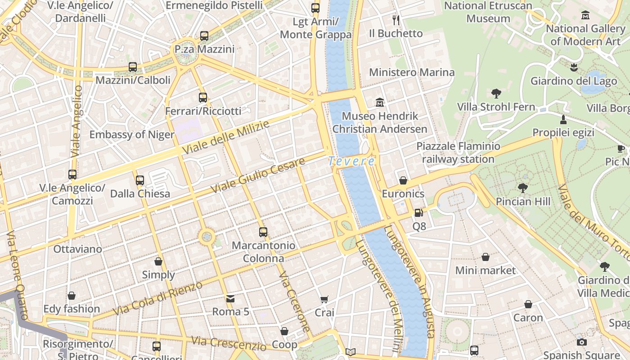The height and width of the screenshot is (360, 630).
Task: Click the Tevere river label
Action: pos(351,161)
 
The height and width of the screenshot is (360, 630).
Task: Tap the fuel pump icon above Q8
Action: pos(418,212)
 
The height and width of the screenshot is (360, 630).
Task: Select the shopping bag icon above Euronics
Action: pos(403,180)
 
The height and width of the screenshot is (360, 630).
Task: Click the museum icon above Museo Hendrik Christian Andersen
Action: pos(380,103)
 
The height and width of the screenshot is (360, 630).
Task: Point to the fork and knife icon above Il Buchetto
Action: pos(396,20)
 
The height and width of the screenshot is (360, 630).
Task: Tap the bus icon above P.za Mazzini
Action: pos(204,36)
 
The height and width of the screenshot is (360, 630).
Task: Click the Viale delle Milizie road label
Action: pos(225,137)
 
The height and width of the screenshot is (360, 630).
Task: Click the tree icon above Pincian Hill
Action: pos(523,188)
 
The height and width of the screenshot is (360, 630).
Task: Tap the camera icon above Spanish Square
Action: pos(581,342)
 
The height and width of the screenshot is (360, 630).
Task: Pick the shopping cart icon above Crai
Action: pos(324,299)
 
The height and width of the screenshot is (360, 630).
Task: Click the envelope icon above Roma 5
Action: pos(230,298)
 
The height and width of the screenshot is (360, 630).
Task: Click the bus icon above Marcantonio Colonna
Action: pos(263,232)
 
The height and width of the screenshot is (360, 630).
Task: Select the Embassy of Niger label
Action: pos(131,135)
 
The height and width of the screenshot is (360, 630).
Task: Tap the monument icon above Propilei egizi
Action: pos(563,119)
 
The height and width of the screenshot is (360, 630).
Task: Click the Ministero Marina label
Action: pos(412,72)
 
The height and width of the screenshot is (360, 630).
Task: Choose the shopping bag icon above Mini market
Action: pos(485,257)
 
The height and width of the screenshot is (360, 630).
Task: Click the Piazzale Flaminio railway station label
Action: pos(458,153)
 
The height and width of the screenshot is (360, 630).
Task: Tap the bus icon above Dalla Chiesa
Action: pos(140,180)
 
